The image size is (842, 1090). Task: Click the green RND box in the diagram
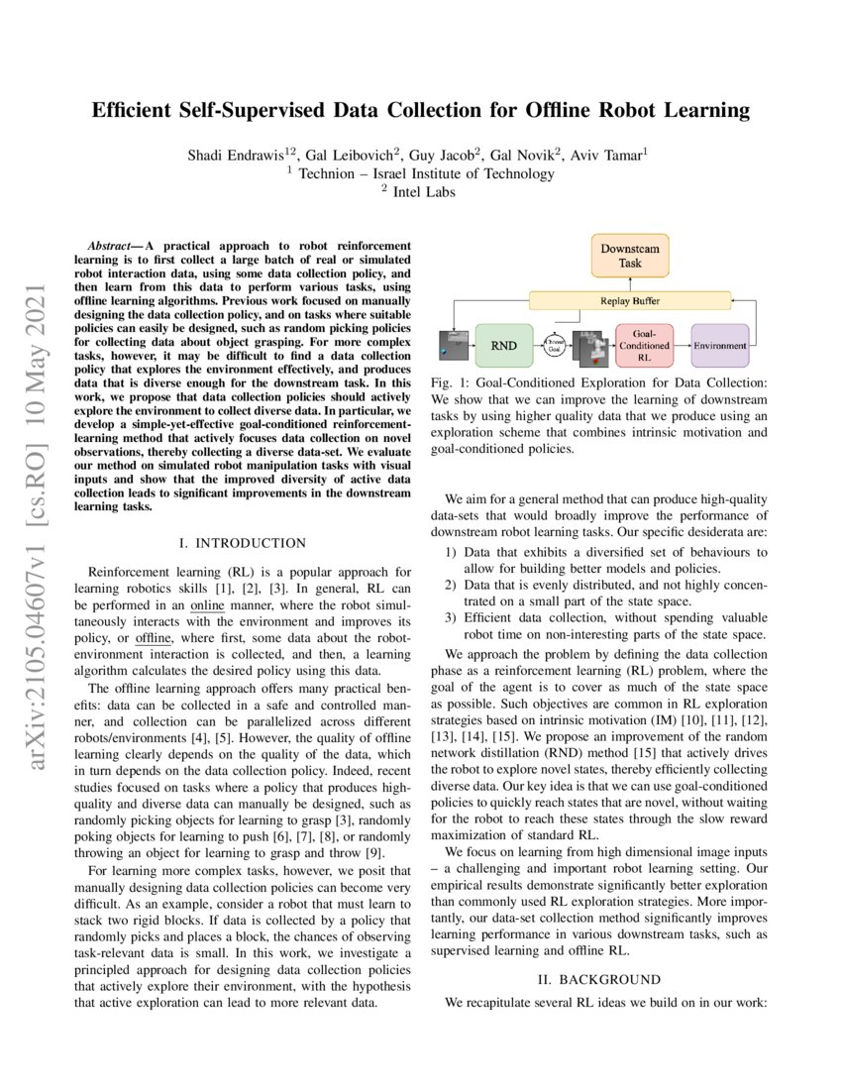click(503, 346)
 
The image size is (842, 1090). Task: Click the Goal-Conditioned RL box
click(645, 346)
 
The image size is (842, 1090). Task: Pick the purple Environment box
click(720, 346)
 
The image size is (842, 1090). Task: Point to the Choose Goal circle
click(555, 346)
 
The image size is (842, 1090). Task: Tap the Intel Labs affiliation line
click(424, 192)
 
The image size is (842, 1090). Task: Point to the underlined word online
click(208, 603)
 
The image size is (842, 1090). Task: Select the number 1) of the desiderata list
click(452, 552)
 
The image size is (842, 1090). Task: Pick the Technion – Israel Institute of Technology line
click(421, 174)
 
